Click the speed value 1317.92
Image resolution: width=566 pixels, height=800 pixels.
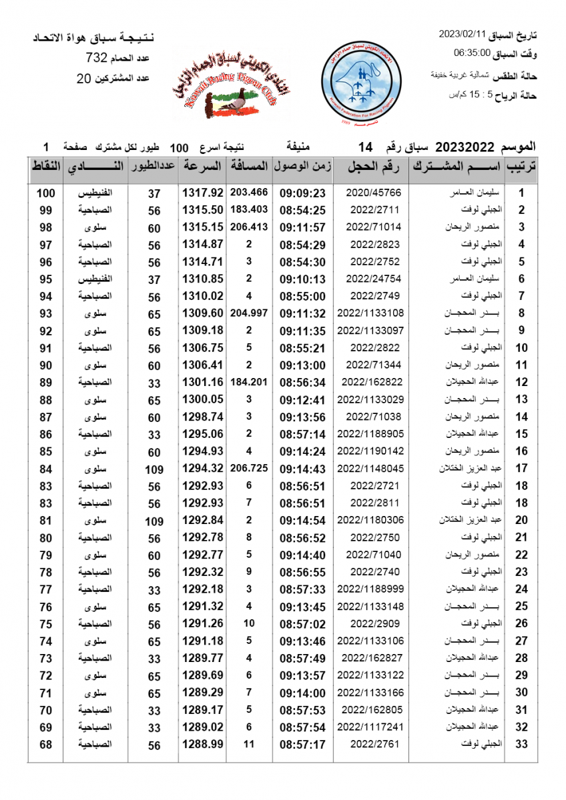[202, 193]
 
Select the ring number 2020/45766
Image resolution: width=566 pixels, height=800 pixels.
[374, 193]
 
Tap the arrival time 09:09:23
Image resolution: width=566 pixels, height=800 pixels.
[302, 193]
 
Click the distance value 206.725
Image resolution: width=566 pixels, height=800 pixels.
[249, 468]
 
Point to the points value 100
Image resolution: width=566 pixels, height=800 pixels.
[45, 193]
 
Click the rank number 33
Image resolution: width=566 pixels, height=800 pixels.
[522, 743]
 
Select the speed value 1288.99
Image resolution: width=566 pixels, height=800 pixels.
[202, 743]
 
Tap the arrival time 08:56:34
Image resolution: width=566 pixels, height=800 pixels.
[302, 382]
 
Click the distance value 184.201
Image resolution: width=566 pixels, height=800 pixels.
[249, 382]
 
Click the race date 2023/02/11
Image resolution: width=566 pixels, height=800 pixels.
[463, 34]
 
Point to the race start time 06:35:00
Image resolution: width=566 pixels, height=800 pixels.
[472, 53]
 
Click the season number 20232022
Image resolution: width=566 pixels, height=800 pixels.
[463, 146]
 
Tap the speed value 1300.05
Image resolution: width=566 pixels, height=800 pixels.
[202, 399]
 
